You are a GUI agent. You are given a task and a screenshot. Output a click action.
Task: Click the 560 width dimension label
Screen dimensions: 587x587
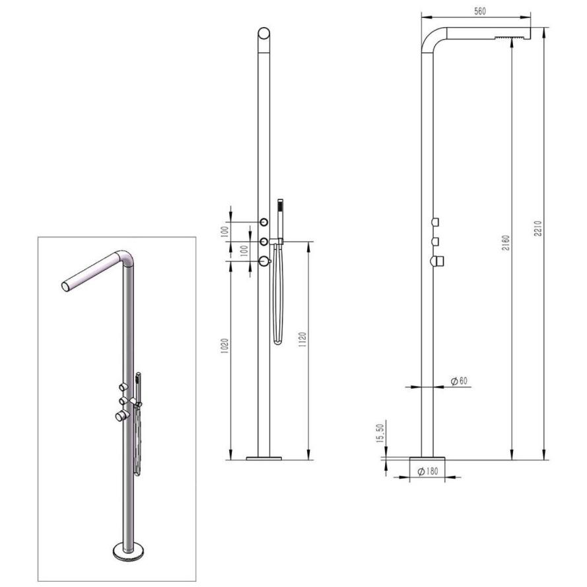479,11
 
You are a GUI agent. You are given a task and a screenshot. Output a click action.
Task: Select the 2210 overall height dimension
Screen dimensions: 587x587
537,228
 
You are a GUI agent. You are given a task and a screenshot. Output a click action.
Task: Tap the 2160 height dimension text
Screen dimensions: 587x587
505,242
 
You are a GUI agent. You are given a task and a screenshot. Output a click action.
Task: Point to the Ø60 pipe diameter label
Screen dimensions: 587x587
459,381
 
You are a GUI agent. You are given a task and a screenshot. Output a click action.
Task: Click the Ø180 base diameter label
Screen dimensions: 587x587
427,471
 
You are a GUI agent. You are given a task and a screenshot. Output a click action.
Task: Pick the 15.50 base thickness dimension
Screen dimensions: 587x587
380,434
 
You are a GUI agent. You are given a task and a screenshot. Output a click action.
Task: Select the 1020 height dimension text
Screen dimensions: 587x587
224,346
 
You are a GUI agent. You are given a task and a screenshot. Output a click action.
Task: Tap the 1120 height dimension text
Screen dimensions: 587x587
302,339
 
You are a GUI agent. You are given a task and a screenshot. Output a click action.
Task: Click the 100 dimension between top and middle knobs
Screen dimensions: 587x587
224,232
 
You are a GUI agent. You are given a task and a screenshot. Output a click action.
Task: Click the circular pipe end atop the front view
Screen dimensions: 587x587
264,33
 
